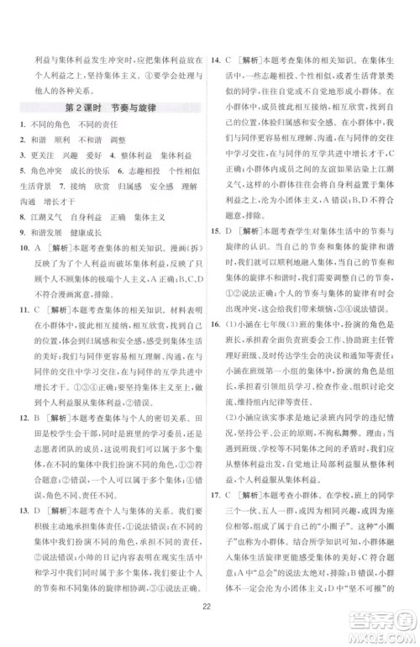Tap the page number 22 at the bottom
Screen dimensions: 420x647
click(x=209, y=608)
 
